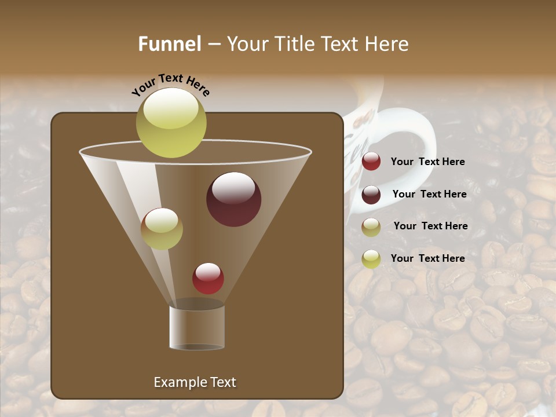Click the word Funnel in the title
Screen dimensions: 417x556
pos(169,44)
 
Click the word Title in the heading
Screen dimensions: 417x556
pos(292,44)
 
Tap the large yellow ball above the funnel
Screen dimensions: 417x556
pos(171,122)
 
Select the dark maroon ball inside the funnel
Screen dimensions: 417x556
pos(233,199)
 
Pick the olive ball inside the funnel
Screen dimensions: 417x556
pos(162,229)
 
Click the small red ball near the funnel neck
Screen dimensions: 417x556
pos(208,278)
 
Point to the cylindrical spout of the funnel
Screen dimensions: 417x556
pos(197,327)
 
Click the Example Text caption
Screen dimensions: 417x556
pos(195,382)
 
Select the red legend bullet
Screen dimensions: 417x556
pos(371,162)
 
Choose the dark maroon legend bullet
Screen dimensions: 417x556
pos(371,195)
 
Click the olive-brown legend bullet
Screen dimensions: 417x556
pos(371,226)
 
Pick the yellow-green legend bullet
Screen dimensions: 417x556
pos(371,259)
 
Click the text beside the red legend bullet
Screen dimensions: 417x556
pos(427,162)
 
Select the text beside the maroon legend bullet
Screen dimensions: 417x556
pos(429,194)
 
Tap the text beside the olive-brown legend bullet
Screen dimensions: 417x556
pos(430,226)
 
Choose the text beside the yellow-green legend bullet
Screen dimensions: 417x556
pos(427,258)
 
